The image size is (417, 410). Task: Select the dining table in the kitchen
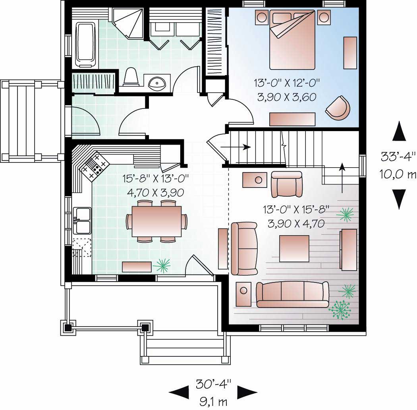pos(156,221)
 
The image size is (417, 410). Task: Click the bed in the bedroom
pos(292,40)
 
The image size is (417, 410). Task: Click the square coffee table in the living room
pos(294,249)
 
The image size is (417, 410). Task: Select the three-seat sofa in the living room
pos(292,295)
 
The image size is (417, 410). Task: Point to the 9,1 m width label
pos(213,401)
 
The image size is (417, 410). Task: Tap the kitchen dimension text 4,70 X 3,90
pos(155,193)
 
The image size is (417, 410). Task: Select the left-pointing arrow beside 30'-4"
pos(179,393)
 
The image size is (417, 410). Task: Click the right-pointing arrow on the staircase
pos(236,147)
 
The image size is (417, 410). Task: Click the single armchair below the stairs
pos(286,184)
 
